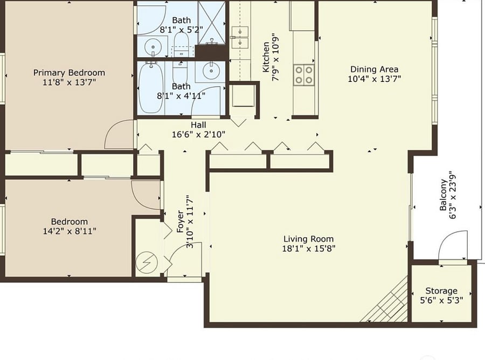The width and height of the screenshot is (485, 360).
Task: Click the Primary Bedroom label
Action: click(x=69, y=73)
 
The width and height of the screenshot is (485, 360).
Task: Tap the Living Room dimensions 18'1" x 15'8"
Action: click(x=309, y=248)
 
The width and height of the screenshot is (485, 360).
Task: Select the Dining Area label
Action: click(x=375, y=69)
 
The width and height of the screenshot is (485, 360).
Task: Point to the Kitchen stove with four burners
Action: click(x=304, y=75)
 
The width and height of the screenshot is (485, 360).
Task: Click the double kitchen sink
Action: click(x=240, y=37)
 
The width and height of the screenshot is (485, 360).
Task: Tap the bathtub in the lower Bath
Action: click(x=151, y=88)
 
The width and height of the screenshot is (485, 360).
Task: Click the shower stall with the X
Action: click(x=212, y=23)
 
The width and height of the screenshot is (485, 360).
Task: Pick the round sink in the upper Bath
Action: click(x=153, y=47)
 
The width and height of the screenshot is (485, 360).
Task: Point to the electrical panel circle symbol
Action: click(x=147, y=262)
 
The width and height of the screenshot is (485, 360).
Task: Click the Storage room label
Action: click(x=441, y=290)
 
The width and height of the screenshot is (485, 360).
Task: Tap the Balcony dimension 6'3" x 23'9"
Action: click(x=452, y=195)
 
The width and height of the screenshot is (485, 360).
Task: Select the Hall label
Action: click(x=198, y=125)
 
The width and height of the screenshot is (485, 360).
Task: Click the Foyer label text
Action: click(x=181, y=221)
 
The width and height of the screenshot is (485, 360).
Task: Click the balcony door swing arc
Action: click(x=446, y=237)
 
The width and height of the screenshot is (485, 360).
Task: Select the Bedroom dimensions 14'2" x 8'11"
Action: click(x=70, y=231)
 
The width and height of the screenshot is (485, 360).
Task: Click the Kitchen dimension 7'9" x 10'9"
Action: click(x=275, y=57)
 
